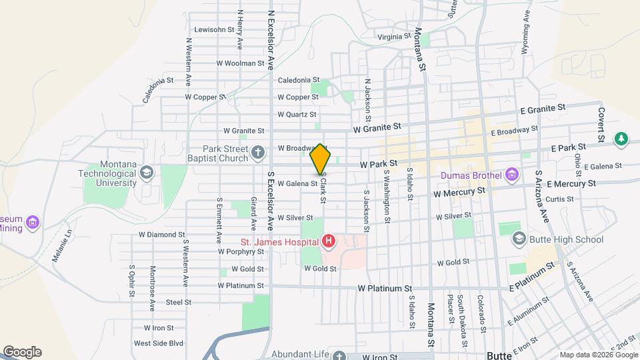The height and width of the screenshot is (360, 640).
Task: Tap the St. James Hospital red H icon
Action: (328, 241)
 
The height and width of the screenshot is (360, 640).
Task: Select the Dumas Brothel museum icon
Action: (512, 176)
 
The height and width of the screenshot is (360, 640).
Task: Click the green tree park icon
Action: (621, 139)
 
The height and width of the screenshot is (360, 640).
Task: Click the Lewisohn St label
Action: (214, 29)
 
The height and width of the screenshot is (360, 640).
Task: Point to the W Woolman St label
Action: (241, 63)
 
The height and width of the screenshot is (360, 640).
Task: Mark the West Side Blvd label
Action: (158, 343)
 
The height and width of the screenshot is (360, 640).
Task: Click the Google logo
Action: (22, 352)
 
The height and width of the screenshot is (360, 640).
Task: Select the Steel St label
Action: (179, 302)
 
